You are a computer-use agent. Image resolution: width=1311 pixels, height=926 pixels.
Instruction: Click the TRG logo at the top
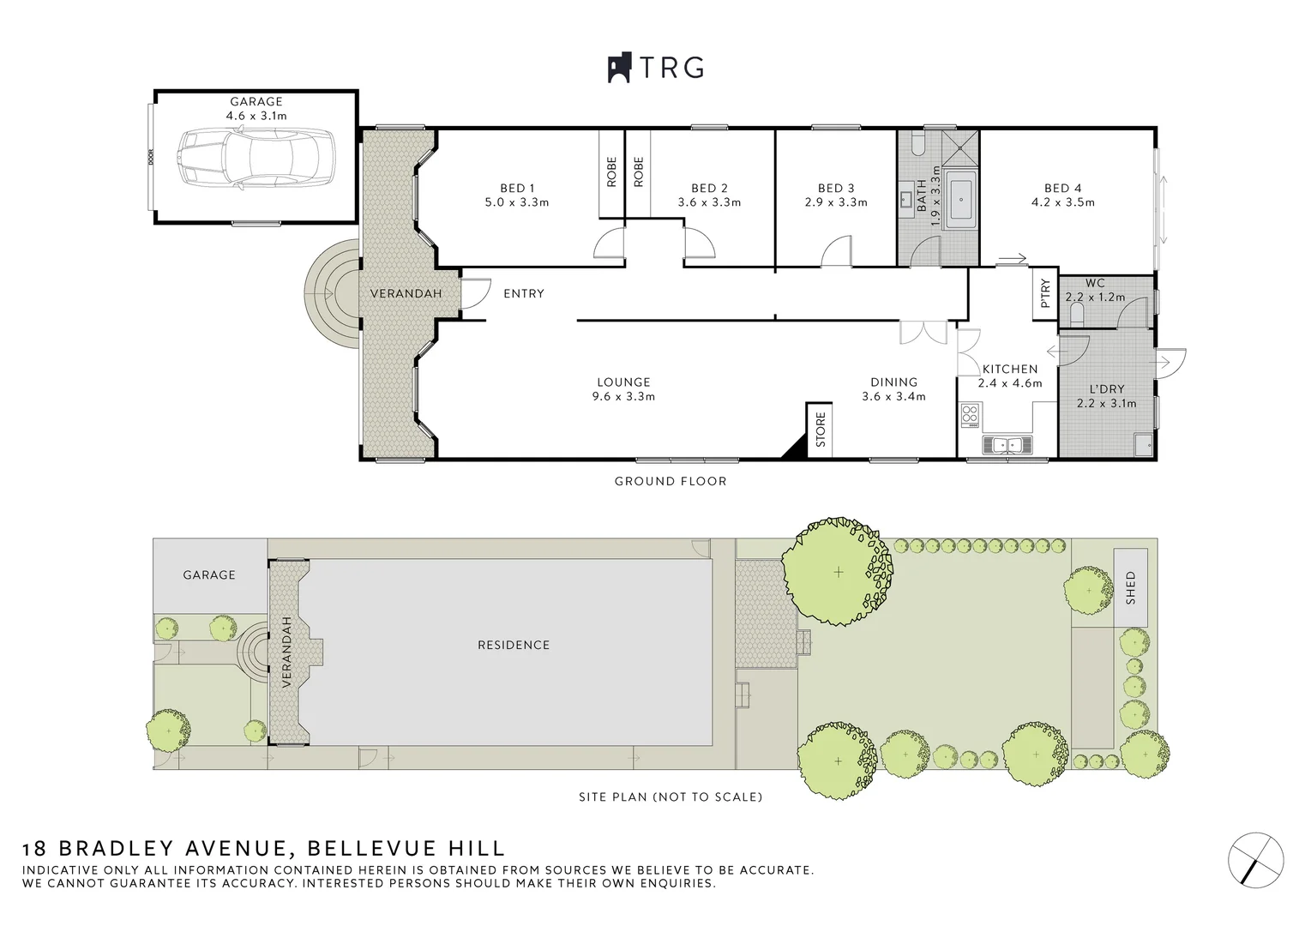[x=655, y=68]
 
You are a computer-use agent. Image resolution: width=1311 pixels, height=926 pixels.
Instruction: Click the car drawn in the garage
[x=256, y=159]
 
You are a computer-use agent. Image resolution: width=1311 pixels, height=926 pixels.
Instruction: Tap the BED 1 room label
[x=517, y=189]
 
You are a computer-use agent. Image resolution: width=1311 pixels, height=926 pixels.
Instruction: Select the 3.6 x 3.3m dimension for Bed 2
[x=709, y=202]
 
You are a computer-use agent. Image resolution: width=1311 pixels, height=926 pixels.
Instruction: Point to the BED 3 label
[x=836, y=189]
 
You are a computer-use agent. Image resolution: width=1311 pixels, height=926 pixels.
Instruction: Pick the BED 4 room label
[x=1063, y=189]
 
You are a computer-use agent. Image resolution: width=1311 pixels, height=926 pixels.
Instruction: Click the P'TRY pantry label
[x=1045, y=293]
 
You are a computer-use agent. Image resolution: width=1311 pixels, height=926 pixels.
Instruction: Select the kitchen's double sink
[x=1007, y=446]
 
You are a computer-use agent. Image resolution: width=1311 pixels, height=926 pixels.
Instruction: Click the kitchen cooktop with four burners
[x=969, y=415]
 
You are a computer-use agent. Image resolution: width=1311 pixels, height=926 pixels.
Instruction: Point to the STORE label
[x=821, y=430]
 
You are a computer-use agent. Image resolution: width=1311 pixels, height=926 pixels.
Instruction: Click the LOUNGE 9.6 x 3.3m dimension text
[x=623, y=397]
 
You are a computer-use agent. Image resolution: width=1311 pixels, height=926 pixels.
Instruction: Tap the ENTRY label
[x=524, y=293]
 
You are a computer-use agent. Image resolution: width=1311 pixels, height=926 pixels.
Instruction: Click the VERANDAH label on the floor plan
[x=406, y=293]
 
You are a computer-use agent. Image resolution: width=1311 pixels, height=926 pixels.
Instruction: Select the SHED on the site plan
[x=1130, y=587]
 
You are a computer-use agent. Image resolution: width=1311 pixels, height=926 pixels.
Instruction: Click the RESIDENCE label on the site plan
[x=514, y=645]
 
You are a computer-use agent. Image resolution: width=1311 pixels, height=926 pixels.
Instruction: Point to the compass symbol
[x=1256, y=860]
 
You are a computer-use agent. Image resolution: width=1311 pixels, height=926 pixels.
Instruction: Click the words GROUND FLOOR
[x=671, y=481]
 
